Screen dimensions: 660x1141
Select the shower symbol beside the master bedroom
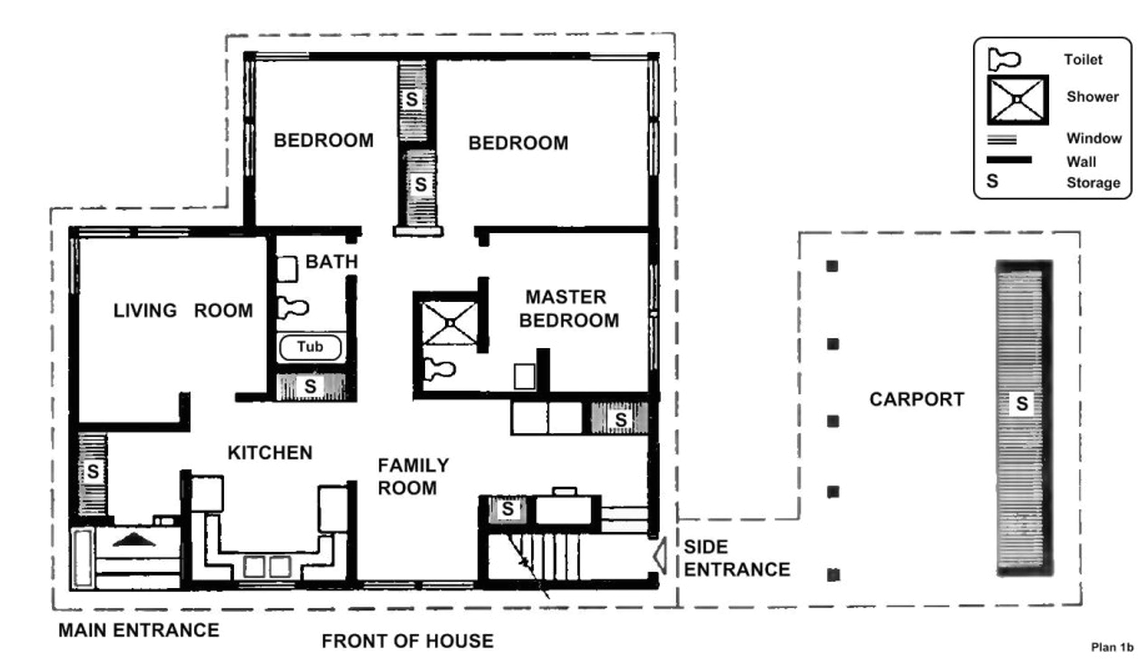click(x=450, y=323)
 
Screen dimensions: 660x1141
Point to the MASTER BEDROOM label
click(x=568, y=309)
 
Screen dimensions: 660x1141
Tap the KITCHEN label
click(x=270, y=452)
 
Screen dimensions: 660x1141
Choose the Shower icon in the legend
click(x=1017, y=100)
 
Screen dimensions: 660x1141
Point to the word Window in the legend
click(x=1094, y=138)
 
